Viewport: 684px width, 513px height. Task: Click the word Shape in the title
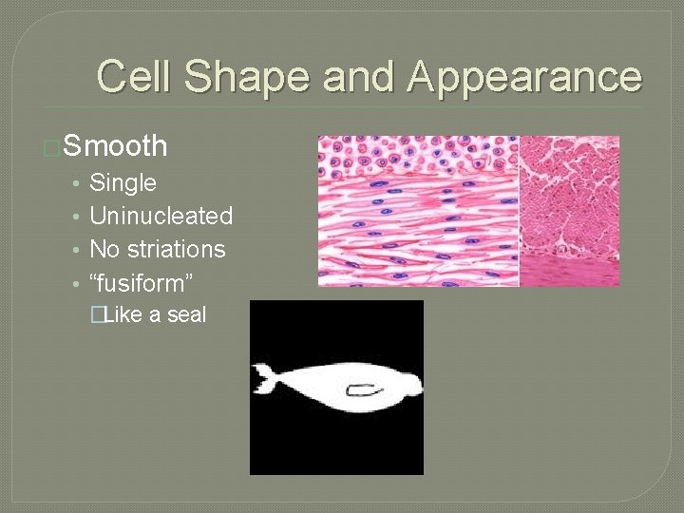coord(245,76)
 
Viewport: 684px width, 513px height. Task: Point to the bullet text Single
coord(123,182)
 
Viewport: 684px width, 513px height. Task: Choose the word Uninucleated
coord(161,216)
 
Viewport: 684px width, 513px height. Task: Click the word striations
coord(181,249)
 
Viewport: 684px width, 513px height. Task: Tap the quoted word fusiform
coord(142,282)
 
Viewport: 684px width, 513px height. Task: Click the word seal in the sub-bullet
coord(187,315)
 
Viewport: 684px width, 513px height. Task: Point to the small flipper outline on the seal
coord(364,389)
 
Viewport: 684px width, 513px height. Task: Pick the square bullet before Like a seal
coord(96,315)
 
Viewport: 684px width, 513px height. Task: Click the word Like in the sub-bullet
coord(122,315)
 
